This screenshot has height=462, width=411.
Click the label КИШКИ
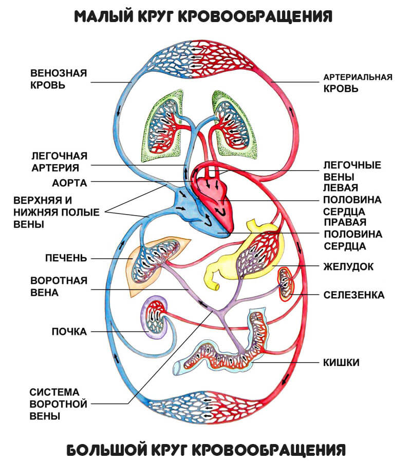(341, 362)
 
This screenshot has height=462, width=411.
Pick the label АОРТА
(70, 183)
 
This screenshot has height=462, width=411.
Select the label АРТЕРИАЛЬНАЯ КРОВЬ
(358, 83)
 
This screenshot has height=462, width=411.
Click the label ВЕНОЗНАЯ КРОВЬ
(59, 79)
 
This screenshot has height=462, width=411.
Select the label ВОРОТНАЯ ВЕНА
(59, 286)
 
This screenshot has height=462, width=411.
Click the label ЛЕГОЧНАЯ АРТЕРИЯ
(60, 161)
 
